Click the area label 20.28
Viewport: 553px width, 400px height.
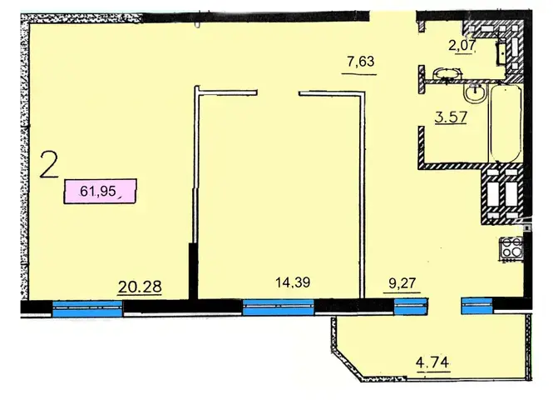coord(140,287)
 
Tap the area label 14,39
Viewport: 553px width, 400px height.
coord(293,282)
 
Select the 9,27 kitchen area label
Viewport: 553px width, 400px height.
coord(402,283)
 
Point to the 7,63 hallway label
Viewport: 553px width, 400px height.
coord(360,62)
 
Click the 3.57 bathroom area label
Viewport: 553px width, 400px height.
coord(451,117)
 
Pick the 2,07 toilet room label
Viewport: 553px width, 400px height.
coord(462,46)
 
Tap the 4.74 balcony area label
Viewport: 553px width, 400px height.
coord(432,362)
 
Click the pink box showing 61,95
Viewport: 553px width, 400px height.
coord(100,191)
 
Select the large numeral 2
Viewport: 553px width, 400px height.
coord(49,164)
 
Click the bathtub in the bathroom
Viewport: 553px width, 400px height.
coord(506,123)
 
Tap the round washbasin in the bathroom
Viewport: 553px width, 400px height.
coord(475,94)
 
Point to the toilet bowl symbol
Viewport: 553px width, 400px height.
coord(447,74)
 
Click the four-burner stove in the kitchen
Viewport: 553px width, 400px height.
coord(510,249)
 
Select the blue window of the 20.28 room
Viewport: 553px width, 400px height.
coord(87,309)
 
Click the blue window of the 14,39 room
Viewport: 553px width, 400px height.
coord(279,307)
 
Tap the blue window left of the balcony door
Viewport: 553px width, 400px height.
coord(410,306)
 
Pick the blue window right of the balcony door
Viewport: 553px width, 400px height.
coord(476,306)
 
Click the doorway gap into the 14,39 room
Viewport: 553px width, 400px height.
coord(278,93)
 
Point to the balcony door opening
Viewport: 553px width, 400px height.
coord(444,306)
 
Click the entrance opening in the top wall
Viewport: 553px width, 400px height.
coord(393,17)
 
